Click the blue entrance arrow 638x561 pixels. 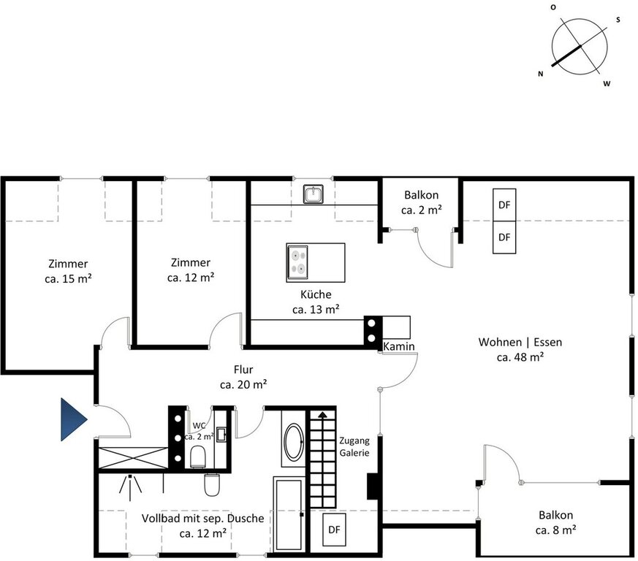73,419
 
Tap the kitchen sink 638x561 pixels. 314,194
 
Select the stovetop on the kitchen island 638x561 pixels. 297,262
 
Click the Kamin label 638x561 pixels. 399,346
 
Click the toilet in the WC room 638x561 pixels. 198,457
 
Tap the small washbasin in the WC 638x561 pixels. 221,434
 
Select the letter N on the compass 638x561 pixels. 540,74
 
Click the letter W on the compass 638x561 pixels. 607,84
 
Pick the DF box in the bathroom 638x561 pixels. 334,530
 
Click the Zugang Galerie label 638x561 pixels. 354,447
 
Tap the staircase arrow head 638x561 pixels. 323,415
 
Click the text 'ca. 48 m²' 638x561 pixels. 520,357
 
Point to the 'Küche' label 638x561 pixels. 316,294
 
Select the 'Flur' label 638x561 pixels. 243,370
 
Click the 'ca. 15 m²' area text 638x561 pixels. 68,279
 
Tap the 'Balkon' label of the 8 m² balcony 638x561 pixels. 556,515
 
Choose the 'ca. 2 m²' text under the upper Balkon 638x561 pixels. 422,210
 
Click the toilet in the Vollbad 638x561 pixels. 212,484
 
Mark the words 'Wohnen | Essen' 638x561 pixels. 520,342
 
